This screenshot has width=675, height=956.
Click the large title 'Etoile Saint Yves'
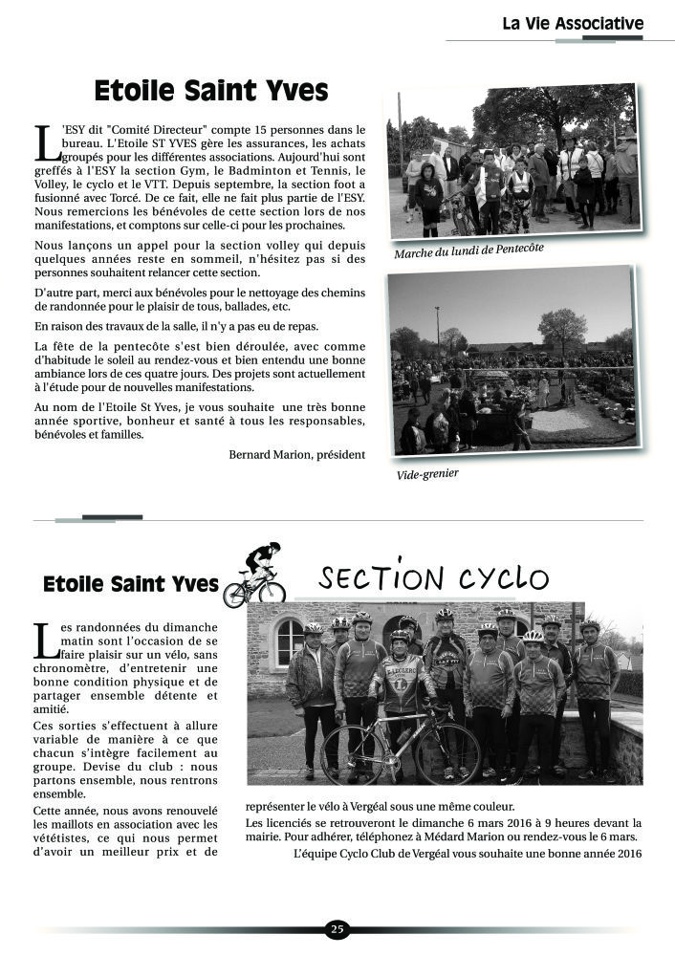(x=211, y=92)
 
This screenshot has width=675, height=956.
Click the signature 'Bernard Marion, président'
(x=296, y=454)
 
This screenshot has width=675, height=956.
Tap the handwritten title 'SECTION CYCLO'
(x=434, y=578)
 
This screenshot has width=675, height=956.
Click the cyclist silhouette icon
(x=254, y=576)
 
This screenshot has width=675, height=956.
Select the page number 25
(x=337, y=929)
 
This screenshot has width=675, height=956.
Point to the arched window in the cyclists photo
(x=289, y=642)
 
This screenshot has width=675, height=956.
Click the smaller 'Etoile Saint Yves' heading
(x=131, y=583)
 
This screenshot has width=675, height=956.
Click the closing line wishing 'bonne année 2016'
(x=468, y=853)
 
